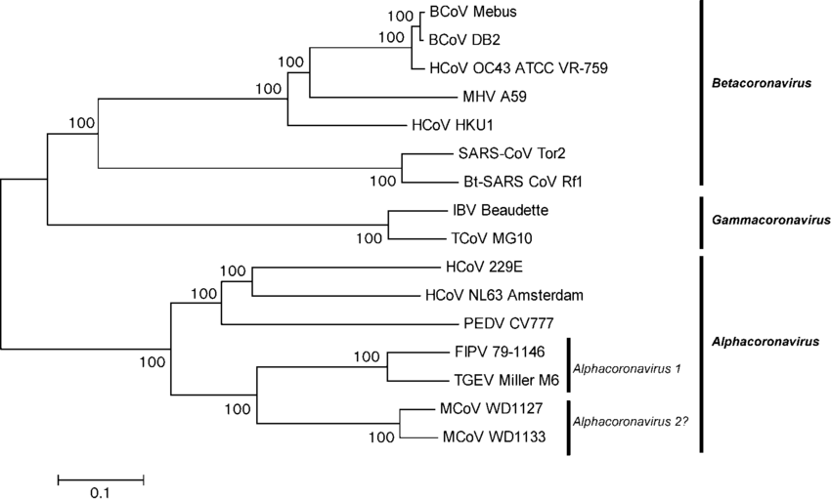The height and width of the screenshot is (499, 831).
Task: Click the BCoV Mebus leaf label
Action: (x=473, y=12)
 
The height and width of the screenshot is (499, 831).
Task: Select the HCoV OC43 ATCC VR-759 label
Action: (x=519, y=68)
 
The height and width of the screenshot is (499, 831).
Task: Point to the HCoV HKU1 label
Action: (x=453, y=125)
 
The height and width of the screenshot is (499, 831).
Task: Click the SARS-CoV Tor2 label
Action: (x=511, y=153)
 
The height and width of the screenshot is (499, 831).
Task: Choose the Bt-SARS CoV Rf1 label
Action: (x=523, y=182)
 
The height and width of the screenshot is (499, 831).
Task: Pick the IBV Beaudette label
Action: (x=501, y=210)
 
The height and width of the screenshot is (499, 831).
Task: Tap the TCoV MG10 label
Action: (x=492, y=238)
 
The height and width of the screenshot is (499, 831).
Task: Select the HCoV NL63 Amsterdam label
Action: (x=504, y=295)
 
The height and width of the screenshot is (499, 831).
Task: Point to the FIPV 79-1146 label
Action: (x=500, y=352)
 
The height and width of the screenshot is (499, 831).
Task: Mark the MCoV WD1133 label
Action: (x=494, y=437)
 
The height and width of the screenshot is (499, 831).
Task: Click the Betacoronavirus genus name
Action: (x=762, y=83)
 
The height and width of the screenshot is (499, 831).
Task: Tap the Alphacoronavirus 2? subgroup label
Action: (x=631, y=422)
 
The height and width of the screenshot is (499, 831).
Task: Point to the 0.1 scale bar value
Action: (x=100, y=493)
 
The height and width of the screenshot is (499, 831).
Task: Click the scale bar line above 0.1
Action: (x=101, y=479)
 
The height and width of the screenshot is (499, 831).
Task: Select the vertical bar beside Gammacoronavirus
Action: (x=702, y=223)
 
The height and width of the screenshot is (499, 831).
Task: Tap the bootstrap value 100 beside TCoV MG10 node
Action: (x=369, y=238)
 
